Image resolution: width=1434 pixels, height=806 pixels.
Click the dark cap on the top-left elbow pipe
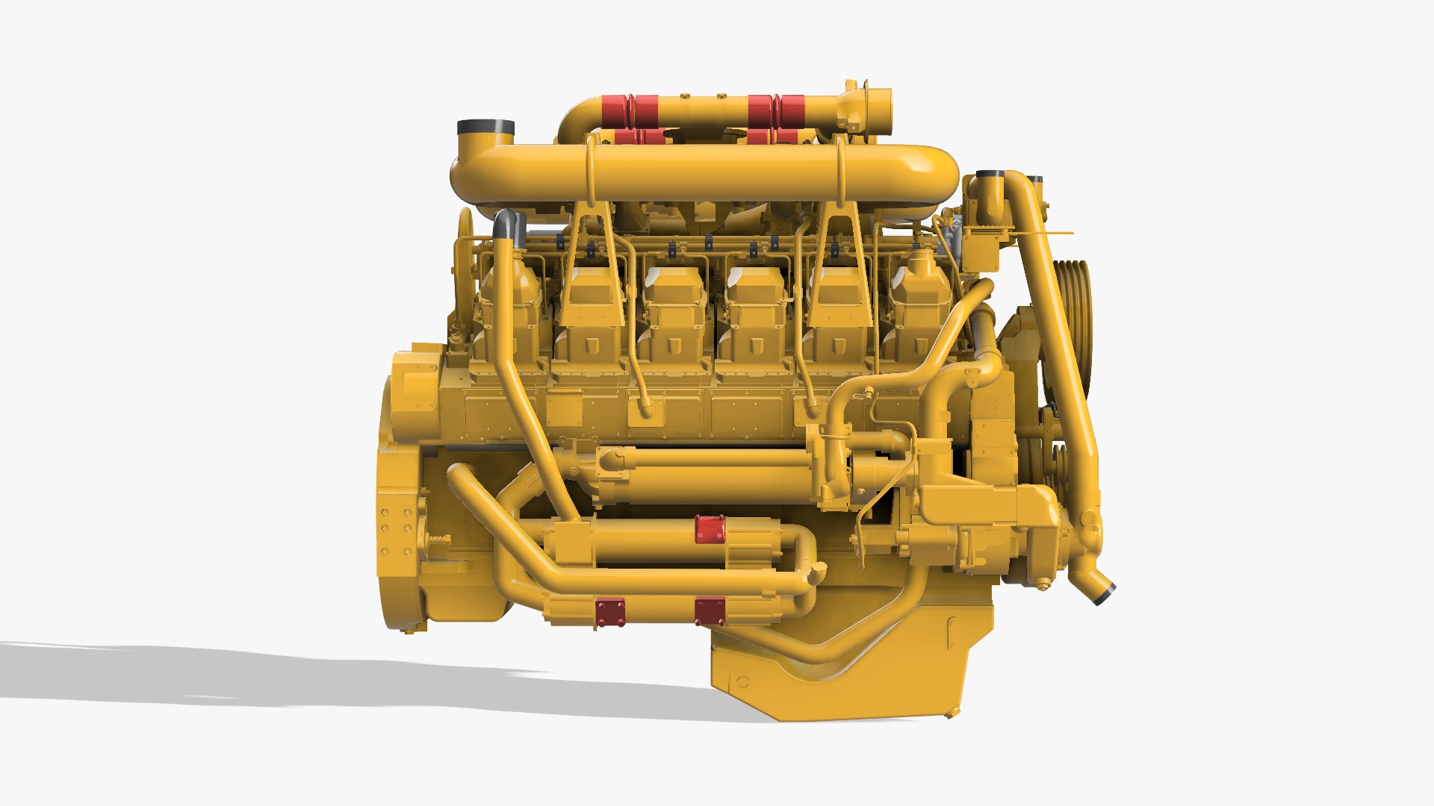(486, 127)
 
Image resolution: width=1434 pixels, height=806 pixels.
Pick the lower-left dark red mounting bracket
(610, 613)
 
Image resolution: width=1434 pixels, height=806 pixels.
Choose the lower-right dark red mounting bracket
(710, 612)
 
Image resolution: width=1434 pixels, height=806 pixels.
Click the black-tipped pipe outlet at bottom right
(1104, 594)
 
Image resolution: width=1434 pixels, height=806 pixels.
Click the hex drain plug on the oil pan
(742, 681)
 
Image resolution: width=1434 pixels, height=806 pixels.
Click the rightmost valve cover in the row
(919, 310)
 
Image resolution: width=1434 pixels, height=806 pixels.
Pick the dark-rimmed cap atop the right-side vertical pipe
(990, 178)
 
